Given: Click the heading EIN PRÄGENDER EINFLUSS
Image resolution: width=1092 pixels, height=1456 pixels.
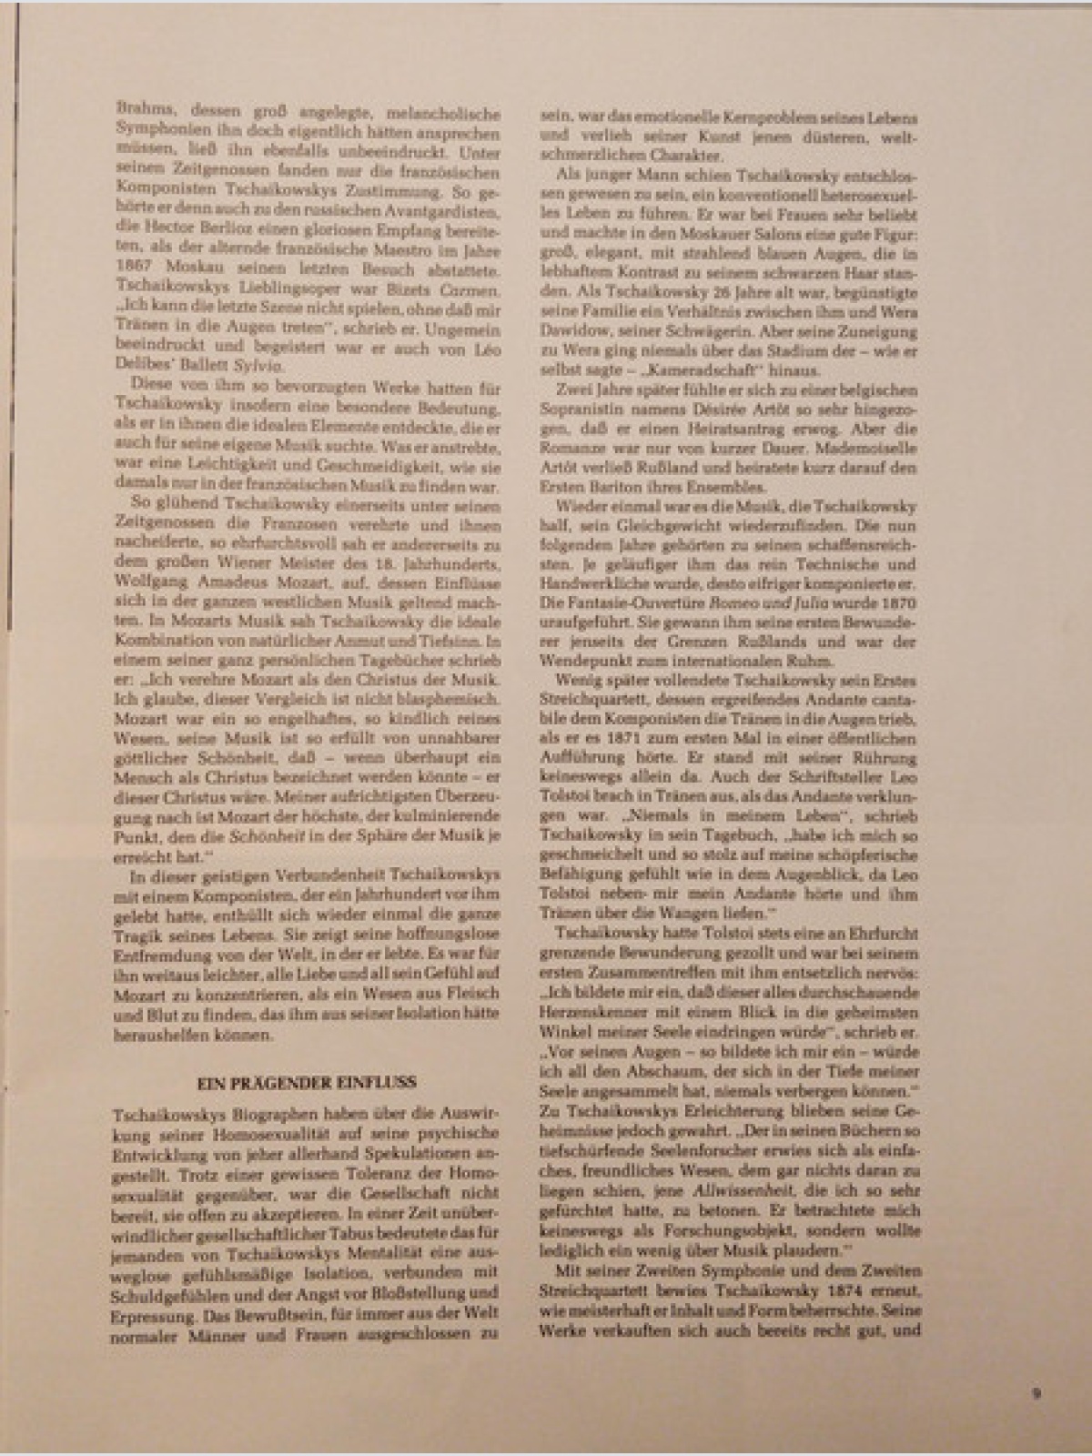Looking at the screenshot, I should tap(306, 1082).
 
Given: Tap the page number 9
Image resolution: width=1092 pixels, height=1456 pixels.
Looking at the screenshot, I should tap(1036, 1393).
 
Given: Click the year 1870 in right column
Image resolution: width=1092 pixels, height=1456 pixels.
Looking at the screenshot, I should tap(899, 602).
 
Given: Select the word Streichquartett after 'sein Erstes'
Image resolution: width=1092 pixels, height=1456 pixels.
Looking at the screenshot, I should tap(581, 700).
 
